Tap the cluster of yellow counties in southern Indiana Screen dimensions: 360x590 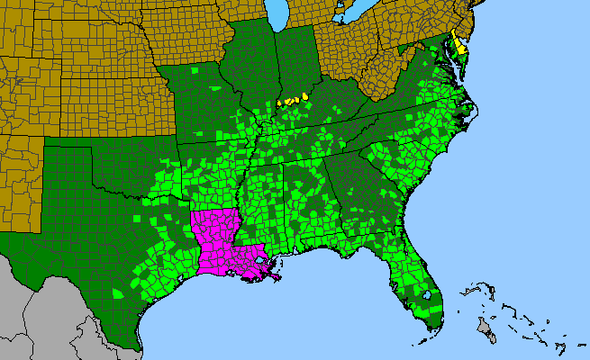(x=293, y=99)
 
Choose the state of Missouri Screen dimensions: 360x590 (x=203, y=99)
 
